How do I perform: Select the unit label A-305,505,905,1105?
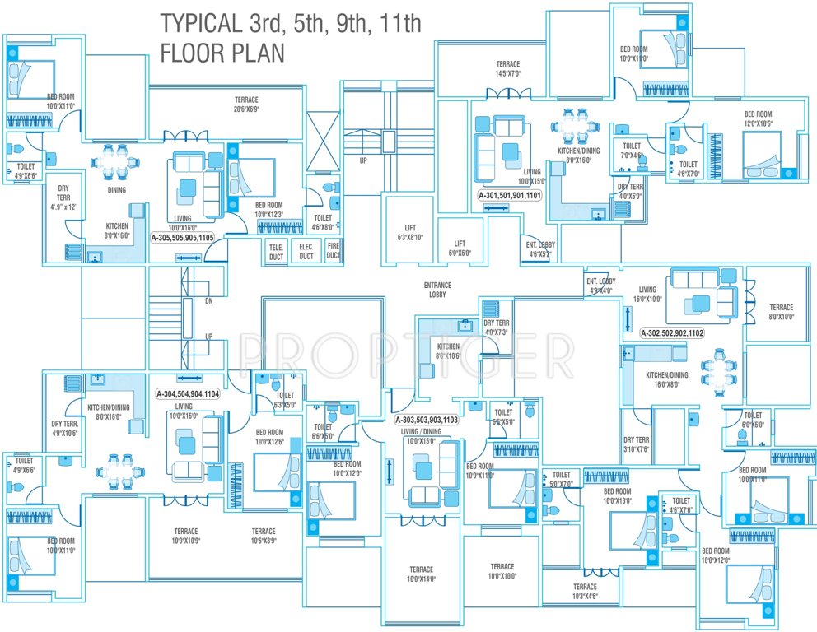click(x=182, y=237)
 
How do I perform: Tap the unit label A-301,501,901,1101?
click(x=510, y=197)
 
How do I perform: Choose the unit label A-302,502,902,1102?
click(x=673, y=333)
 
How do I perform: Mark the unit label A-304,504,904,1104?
click(x=188, y=394)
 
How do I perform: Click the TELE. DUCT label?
click(x=275, y=251)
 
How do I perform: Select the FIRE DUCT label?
click(x=333, y=251)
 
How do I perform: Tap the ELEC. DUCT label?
click(x=306, y=251)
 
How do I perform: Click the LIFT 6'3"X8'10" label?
click(x=409, y=232)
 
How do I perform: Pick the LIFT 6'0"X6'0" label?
click(x=460, y=249)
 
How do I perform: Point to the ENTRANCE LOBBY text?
click(x=437, y=290)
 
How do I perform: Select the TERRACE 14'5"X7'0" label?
click(x=507, y=68)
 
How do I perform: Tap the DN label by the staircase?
click(x=208, y=301)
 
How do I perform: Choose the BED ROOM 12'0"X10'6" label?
click(x=758, y=118)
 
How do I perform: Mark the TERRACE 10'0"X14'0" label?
click(x=421, y=574)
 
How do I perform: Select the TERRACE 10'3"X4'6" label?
click(x=585, y=592)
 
